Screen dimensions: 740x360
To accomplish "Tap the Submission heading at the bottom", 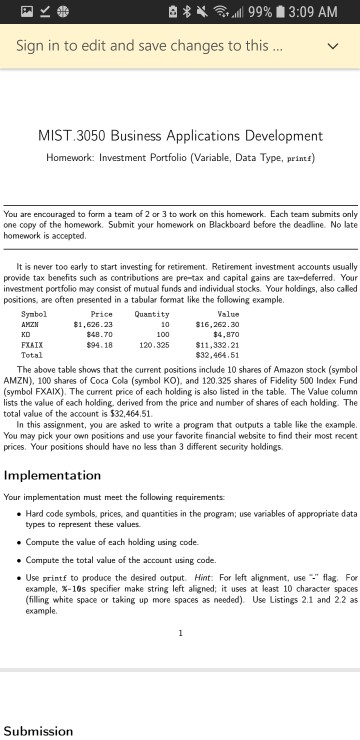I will (38, 731).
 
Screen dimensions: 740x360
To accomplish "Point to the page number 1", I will (180, 605).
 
